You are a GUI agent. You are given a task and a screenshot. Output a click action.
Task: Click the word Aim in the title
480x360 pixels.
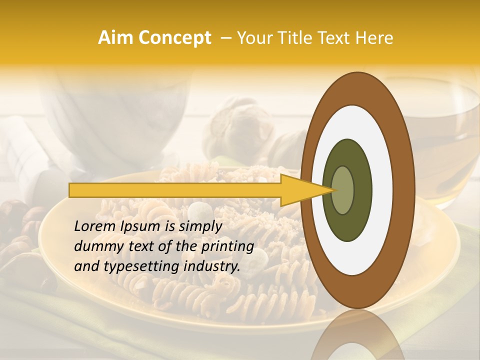pos(115,38)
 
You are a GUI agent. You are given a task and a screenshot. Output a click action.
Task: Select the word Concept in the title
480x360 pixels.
pos(174,38)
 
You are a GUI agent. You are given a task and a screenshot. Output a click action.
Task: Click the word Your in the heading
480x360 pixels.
pos(252,38)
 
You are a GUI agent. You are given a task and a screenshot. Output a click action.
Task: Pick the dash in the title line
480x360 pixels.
pos(225,38)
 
